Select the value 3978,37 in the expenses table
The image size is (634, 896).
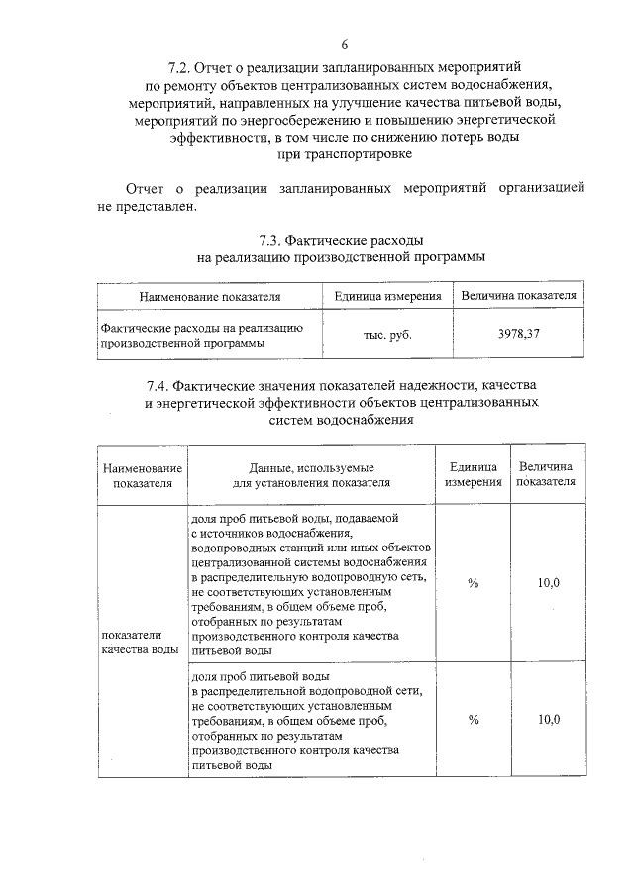click(x=518, y=334)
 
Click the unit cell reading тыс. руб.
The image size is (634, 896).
click(x=387, y=334)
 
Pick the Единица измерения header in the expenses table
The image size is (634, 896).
click(x=387, y=296)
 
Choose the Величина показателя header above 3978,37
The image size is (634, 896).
click(x=518, y=296)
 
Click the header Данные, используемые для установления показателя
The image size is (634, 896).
click(x=311, y=474)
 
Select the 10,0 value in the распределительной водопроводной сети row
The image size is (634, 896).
click(x=549, y=719)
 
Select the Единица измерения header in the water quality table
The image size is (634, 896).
click(x=473, y=474)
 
